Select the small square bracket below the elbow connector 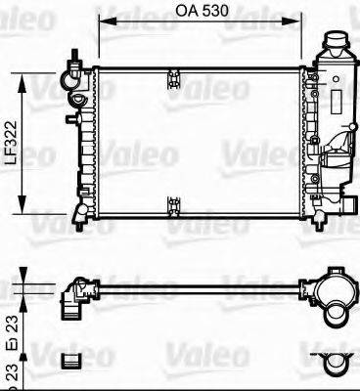69,361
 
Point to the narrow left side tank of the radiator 88,142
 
